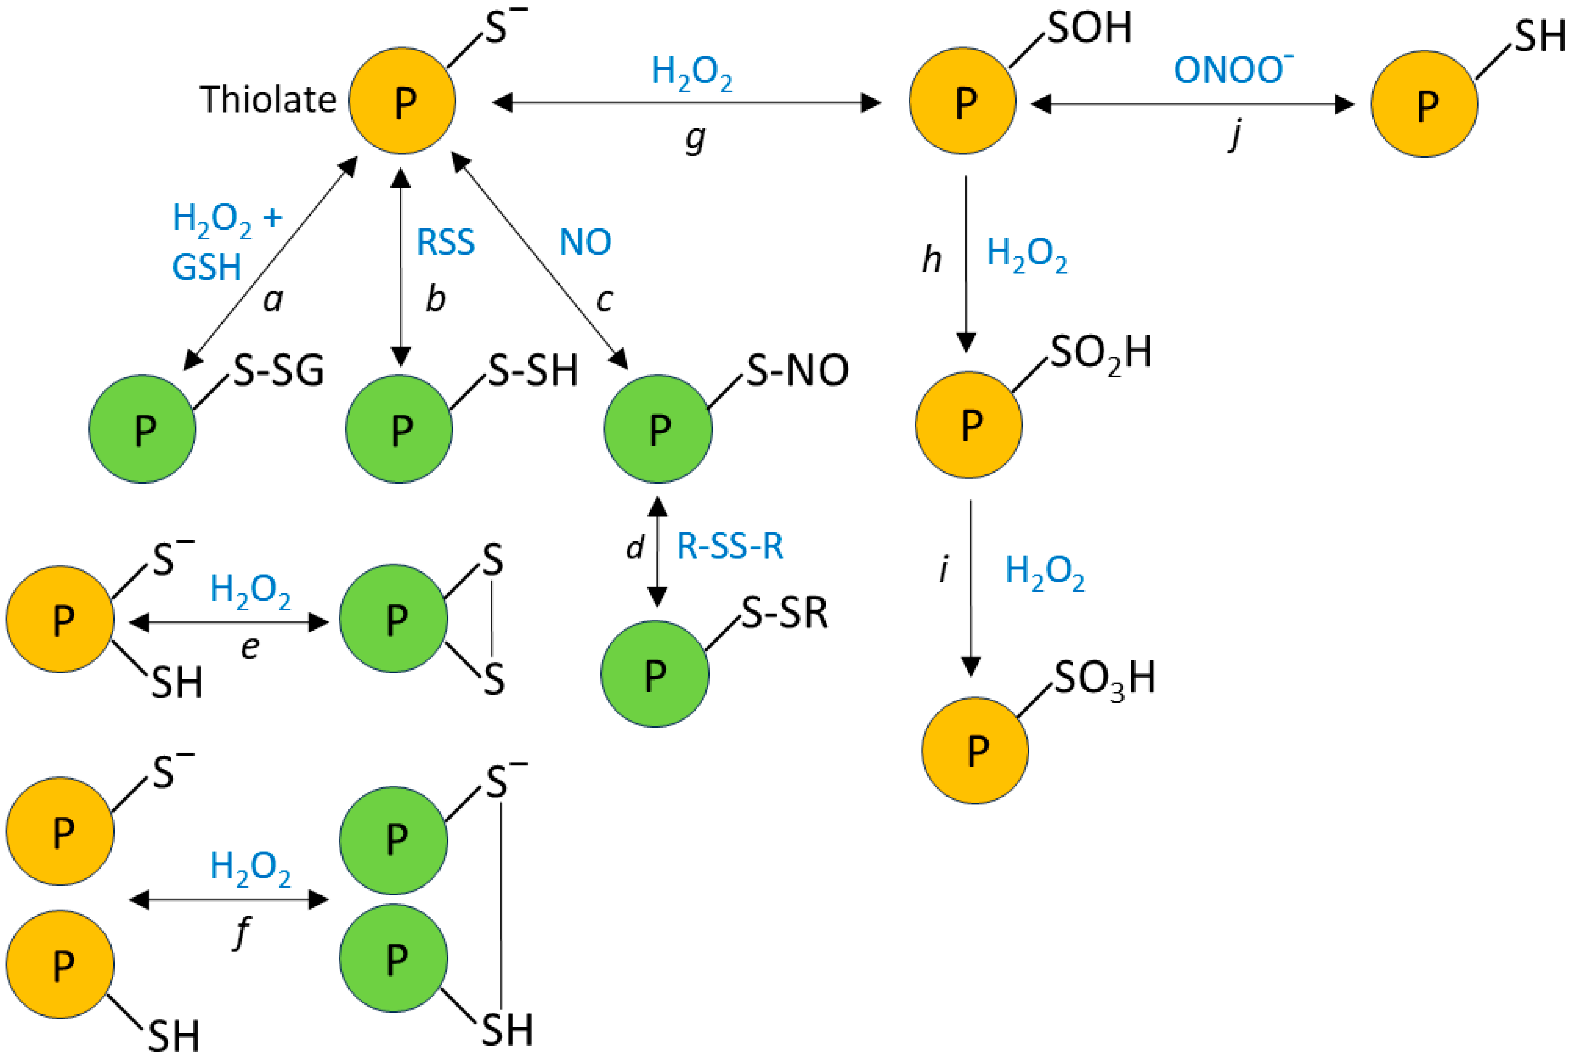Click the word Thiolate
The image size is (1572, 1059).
pyautogui.click(x=267, y=100)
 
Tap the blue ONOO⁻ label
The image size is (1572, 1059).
pyautogui.click(x=1232, y=69)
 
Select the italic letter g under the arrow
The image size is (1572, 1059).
pyautogui.click(x=695, y=138)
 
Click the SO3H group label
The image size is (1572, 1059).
pyautogui.click(x=1104, y=678)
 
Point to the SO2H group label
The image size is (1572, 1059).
pyautogui.click(x=1100, y=353)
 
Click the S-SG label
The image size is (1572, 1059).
pyautogui.click(x=278, y=371)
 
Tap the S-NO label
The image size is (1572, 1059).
pyautogui.click(x=797, y=371)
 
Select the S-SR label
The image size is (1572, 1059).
pyautogui.click(x=784, y=613)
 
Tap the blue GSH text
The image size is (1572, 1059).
pyautogui.click(x=207, y=268)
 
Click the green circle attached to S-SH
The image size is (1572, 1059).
pyautogui.click(x=399, y=429)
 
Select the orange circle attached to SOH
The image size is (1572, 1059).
pyautogui.click(x=962, y=101)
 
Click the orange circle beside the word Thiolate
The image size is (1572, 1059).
pyautogui.click(x=402, y=101)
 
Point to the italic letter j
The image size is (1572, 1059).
pyautogui.click(x=1234, y=135)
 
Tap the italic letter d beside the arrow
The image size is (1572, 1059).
pyautogui.click(x=634, y=547)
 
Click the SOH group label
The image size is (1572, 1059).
pyautogui.click(x=1089, y=28)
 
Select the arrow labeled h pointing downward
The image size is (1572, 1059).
pyautogui.click(x=966, y=263)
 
